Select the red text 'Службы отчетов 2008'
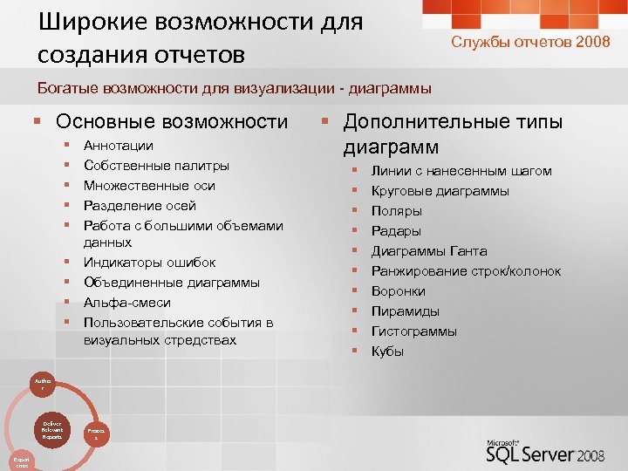click(530, 42)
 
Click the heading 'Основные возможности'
click(171, 121)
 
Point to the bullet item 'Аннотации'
click(118, 146)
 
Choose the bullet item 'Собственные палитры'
click(156, 166)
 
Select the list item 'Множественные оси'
click(149, 186)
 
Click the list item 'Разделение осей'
click(140, 206)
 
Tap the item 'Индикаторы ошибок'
click(149, 263)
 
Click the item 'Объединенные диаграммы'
click(171, 283)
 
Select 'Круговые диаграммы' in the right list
click(440, 191)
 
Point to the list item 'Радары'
click(396, 231)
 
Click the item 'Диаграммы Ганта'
click(428, 251)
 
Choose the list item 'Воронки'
click(398, 291)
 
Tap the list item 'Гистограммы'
click(413, 331)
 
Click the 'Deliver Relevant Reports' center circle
click(51, 430)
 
